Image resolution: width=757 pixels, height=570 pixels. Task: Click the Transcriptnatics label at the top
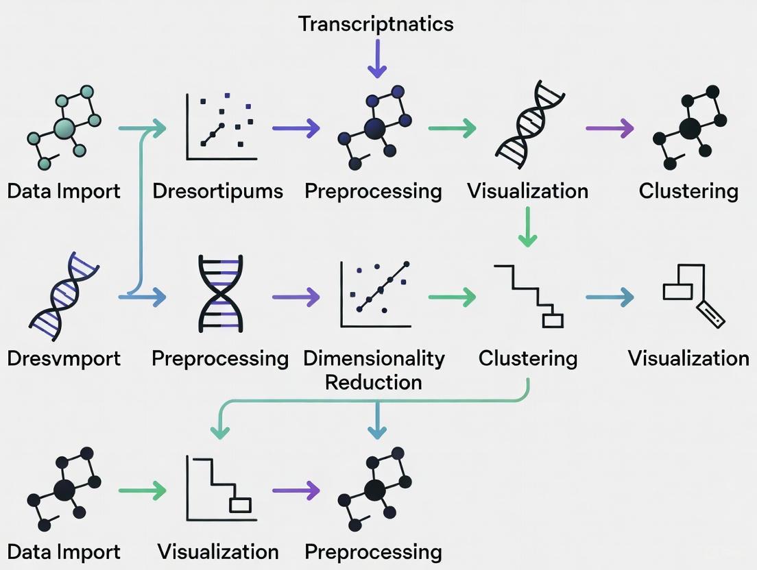[376, 24]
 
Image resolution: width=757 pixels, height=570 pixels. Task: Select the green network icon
[64, 128]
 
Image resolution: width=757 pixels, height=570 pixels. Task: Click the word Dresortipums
[217, 190]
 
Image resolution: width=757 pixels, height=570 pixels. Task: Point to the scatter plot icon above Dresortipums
[221, 127]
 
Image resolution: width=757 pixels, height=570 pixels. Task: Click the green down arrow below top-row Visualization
[527, 227]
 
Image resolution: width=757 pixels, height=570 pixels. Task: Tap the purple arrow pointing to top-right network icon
[610, 127]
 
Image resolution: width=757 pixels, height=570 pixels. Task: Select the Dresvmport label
[64, 358]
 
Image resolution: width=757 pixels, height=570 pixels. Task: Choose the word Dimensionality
[374, 358]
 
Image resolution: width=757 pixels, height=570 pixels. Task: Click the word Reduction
[374, 382]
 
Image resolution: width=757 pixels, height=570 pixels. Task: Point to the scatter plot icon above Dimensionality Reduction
[375, 295]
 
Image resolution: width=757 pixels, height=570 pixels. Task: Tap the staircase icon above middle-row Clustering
[529, 296]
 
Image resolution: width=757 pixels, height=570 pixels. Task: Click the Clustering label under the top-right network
[688, 190]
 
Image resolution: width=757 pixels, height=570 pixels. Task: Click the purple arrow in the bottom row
[296, 490]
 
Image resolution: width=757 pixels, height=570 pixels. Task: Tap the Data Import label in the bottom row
[64, 552]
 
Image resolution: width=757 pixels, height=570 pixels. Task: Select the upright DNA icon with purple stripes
[220, 294]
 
